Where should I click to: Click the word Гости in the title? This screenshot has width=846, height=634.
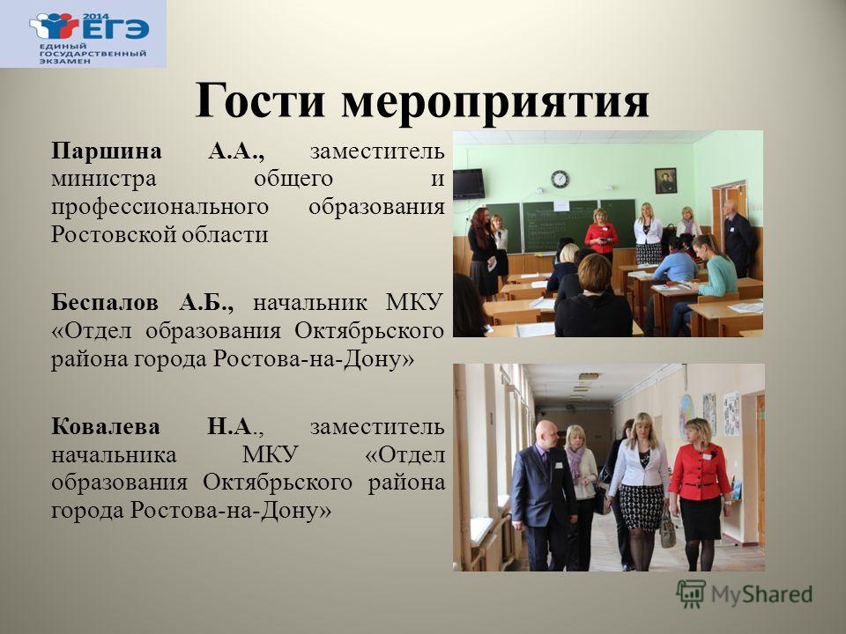coord(259,100)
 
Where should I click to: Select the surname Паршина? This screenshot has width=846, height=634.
coord(107,151)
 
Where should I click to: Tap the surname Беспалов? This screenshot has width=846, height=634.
coord(105,302)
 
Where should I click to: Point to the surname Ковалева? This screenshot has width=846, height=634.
coord(106,427)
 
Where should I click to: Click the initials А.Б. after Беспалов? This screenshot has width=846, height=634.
coord(206,303)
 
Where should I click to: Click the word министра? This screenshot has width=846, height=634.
coord(104,179)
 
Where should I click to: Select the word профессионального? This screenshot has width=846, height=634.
coord(160,208)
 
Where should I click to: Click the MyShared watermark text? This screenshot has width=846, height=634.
coord(761,594)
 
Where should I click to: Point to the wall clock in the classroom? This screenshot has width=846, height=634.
coord(560,179)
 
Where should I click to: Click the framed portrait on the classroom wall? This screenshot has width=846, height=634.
coord(665,181)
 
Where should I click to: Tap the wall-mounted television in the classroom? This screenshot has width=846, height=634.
coord(468,184)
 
